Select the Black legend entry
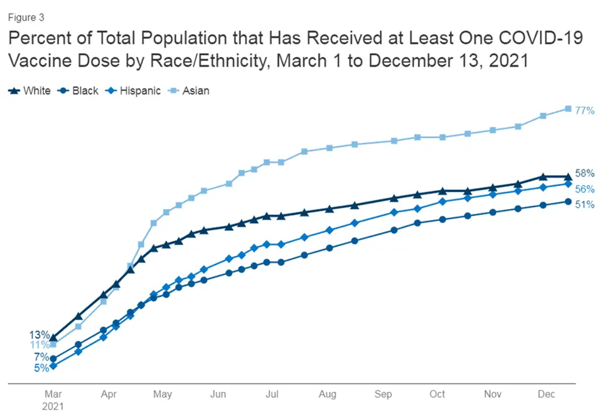coord(79,90)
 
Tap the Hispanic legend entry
coord(135,90)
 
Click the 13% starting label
coord(40,335)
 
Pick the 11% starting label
coord(40,345)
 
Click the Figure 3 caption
coord(26,18)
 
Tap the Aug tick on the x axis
coord(328,394)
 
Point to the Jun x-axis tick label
coord(218,394)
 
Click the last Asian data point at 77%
coord(568,109)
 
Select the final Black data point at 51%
coord(568,201)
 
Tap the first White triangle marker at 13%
coord(53,337)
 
